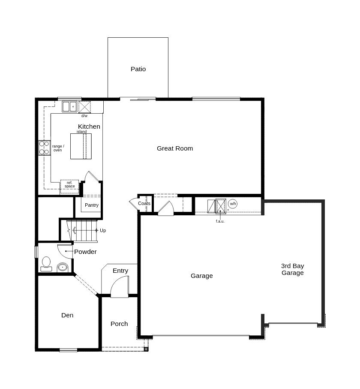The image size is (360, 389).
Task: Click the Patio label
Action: click(x=138, y=69)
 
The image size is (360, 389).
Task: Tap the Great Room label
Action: click(x=175, y=148)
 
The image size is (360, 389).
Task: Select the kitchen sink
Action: click(x=69, y=107)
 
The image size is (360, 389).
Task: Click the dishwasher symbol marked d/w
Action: click(x=84, y=107)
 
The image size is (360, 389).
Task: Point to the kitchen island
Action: click(x=81, y=146)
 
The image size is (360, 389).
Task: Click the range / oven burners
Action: click(x=44, y=148)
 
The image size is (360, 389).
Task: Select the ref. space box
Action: click(x=69, y=187)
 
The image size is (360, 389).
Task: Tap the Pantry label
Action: click(x=91, y=205)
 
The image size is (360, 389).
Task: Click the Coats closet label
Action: click(x=144, y=203)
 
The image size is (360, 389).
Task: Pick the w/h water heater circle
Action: click(x=233, y=204)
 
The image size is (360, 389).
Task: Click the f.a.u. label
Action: click(x=220, y=221)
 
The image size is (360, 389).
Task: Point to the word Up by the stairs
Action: click(x=103, y=230)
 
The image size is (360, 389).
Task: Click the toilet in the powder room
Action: click(x=46, y=264)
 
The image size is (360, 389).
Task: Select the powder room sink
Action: click(x=63, y=268)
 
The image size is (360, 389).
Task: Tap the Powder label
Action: click(x=85, y=252)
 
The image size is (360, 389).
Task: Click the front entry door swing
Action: click(x=120, y=286)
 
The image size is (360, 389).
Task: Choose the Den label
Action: click(x=67, y=315)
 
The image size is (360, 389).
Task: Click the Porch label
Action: click(x=119, y=324)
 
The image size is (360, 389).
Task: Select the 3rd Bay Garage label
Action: click(x=293, y=269)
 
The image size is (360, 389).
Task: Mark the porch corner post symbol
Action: click(x=146, y=349)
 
